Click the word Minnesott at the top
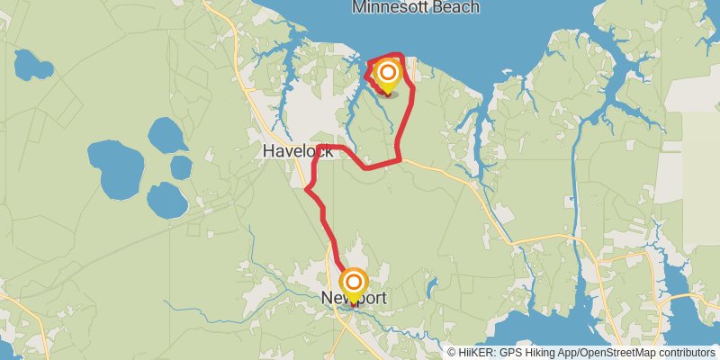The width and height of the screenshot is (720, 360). [x=392, y=7]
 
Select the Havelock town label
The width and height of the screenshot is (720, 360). [x=298, y=151]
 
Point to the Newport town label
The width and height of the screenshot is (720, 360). [x=354, y=297]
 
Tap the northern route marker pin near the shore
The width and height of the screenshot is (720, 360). [x=388, y=76]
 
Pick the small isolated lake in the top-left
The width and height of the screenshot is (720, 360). [x=32, y=64]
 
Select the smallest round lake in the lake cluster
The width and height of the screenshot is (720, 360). [x=181, y=167]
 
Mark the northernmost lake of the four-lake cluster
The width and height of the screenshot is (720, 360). [x=166, y=134]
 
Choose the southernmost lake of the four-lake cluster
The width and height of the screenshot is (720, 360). [x=166, y=199]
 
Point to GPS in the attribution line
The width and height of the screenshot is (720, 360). [x=517, y=353]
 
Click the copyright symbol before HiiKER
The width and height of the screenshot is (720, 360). [x=452, y=353]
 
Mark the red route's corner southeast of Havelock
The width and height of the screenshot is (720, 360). [x=399, y=160]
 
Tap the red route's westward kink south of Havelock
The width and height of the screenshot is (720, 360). [x=308, y=190]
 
